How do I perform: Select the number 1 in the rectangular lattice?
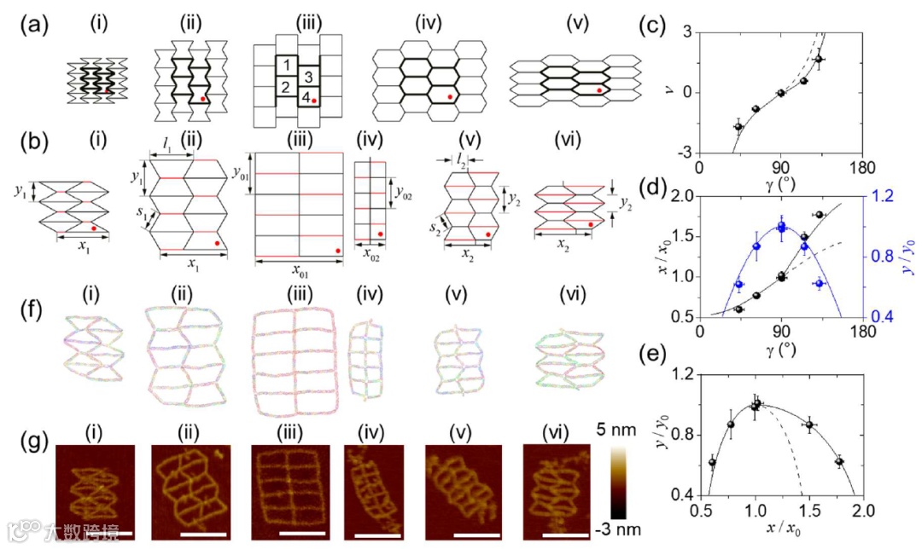click(x=288, y=66)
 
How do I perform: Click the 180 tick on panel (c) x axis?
click(x=863, y=167)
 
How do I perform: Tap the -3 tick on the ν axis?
click(x=686, y=153)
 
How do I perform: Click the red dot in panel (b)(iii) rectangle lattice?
click(x=338, y=251)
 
